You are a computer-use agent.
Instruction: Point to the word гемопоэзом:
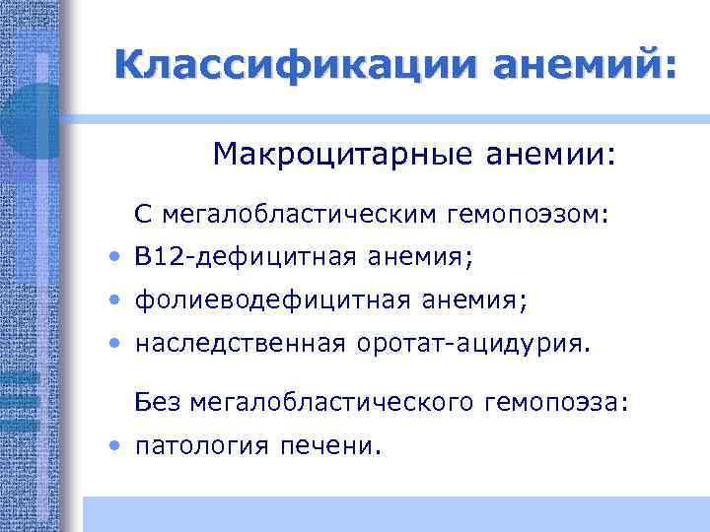point(532,213)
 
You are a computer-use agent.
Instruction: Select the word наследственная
point(240,343)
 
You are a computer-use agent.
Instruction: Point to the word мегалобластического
point(332,402)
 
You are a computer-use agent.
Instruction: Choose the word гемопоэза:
point(557,402)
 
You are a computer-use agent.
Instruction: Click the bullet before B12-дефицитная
point(116,258)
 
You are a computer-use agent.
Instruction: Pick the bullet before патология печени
point(116,446)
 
